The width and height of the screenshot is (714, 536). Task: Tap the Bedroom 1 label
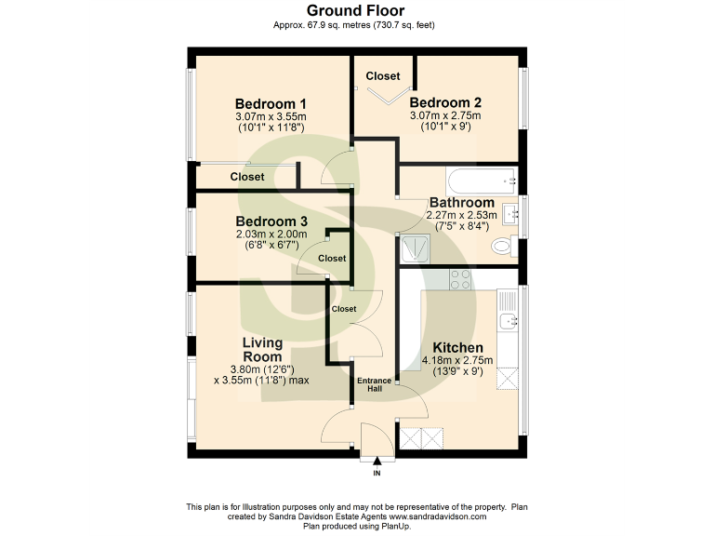pos(271,103)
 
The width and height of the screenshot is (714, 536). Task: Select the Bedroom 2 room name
pos(445,102)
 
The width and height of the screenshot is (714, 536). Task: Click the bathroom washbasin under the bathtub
pos(510,213)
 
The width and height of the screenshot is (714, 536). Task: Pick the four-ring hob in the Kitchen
pos(460,277)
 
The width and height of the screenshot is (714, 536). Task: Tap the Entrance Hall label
pos(375,384)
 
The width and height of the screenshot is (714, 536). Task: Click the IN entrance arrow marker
pos(377,465)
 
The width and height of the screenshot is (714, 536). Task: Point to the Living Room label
pos(262,350)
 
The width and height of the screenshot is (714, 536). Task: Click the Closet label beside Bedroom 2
pos(382,75)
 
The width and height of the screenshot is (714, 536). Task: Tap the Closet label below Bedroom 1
pos(247,177)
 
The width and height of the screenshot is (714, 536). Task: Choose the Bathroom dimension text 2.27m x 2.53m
pos(461,215)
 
